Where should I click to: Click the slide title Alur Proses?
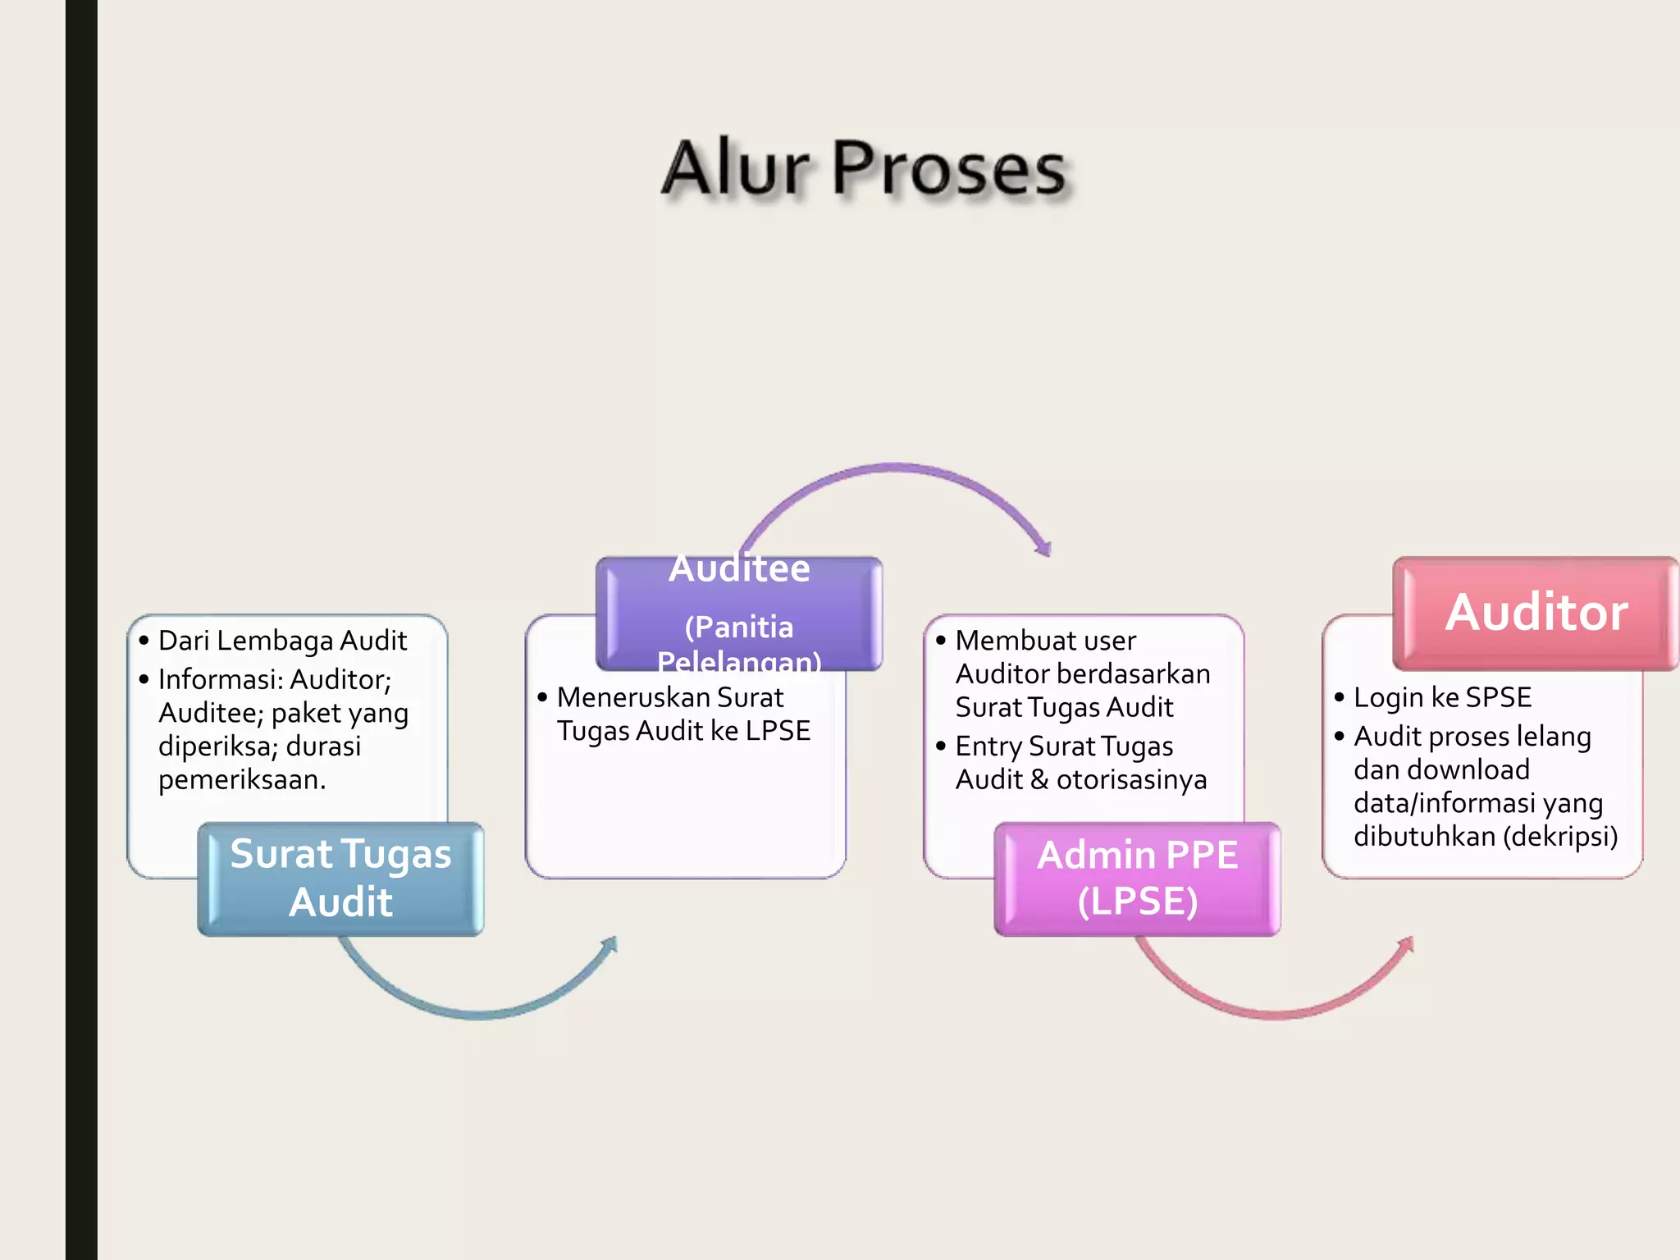coord(864,168)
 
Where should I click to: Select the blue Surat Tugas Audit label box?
coord(340,878)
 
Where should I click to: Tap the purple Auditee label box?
coord(739,613)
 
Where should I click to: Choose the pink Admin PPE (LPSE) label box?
coord(1137,878)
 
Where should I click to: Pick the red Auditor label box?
coord(1536,613)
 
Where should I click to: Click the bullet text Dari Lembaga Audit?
coord(282,641)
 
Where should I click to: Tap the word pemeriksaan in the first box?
coord(241,779)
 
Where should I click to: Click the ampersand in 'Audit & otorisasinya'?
coord(1039,779)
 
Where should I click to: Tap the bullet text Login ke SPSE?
coord(1442,697)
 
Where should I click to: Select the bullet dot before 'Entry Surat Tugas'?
coord(941,746)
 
